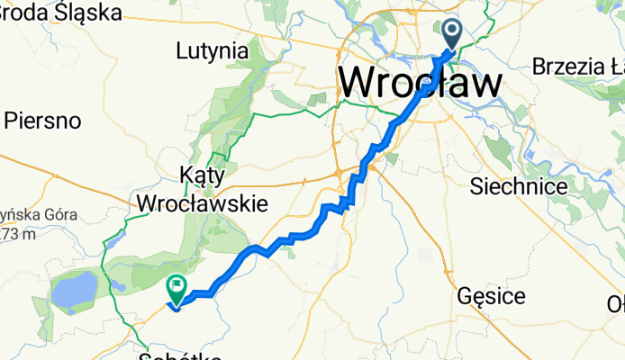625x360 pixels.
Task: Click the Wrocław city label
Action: click(x=421, y=83)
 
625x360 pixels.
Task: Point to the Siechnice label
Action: click(x=519, y=186)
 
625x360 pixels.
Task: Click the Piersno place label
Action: click(x=43, y=120)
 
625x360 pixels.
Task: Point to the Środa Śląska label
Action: click(x=60, y=12)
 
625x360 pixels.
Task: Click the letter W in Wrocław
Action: click(x=360, y=83)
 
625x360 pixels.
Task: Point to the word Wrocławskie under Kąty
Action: click(x=202, y=203)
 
